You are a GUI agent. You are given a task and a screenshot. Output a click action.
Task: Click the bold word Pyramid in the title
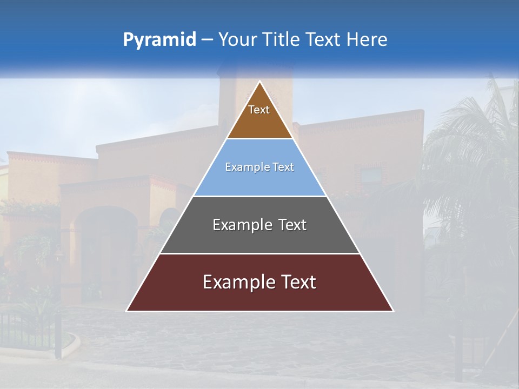(159, 40)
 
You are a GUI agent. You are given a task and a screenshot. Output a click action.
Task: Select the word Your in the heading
(237, 40)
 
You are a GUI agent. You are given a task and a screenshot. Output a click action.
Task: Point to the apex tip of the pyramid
(260, 82)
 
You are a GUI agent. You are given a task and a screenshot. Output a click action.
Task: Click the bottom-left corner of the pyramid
(128, 311)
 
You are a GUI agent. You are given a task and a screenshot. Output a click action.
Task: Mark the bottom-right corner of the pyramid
(392, 311)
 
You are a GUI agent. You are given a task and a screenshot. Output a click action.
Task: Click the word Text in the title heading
(323, 40)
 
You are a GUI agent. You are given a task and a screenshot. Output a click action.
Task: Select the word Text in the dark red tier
(297, 282)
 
